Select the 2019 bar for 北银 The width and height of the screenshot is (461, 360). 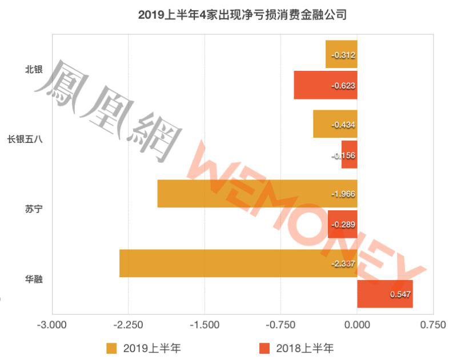(x=341, y=54)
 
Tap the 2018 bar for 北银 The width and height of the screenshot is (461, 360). (x=325, y=85)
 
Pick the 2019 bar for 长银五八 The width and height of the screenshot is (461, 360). (x=335, y=124)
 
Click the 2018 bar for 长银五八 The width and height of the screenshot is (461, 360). (x=350, y=155)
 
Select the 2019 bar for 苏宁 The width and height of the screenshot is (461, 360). (x=257, y=194)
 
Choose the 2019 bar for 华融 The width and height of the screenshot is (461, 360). (x=238, y=263)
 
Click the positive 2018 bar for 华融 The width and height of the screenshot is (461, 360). (x=384, y=294)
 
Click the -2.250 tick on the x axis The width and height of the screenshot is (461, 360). (x=128, y=325)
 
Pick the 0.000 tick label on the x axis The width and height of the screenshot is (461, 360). (x=357, y=325)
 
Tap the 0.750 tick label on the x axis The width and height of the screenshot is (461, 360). (x=432, y=325)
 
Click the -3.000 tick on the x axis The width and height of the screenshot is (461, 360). (x=52, y=325)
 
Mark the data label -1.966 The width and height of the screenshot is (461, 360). (x=343, y=194)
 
